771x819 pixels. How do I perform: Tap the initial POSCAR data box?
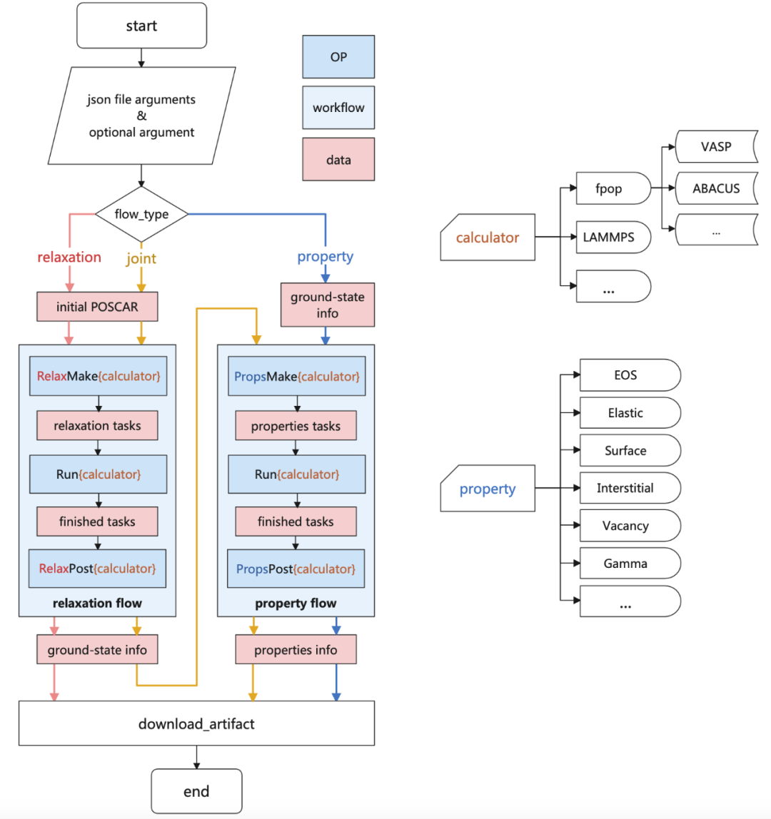[96, 308]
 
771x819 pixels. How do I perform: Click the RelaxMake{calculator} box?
[98, 376]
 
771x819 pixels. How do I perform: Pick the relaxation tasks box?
[97, 426]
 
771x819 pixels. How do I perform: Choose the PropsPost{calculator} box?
[296, 569]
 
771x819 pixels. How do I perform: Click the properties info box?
[296, 651]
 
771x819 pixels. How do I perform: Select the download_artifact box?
[196, 724]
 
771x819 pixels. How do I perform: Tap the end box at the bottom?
[196, 791]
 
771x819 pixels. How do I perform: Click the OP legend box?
[339, 56]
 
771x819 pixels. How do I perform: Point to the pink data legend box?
[339, 160]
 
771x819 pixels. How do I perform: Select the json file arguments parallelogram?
[141, 116]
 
